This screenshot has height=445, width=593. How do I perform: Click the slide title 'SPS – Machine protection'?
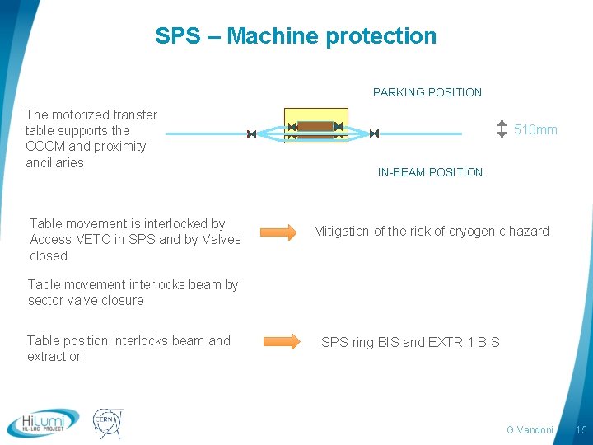296,36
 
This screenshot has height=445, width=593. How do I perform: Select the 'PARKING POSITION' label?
427,92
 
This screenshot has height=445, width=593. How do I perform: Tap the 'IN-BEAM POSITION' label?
430,172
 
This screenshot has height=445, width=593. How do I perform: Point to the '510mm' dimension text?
535,130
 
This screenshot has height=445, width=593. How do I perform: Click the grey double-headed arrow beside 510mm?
502,129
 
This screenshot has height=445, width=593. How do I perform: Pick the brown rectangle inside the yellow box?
315,127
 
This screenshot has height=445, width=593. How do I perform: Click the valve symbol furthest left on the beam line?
251,133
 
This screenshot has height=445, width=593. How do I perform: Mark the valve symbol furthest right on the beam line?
374,133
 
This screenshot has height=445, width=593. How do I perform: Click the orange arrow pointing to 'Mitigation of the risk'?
279,232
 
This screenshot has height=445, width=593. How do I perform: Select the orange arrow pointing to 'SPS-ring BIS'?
282,341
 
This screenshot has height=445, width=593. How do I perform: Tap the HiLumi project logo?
43,423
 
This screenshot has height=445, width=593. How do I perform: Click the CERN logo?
106,423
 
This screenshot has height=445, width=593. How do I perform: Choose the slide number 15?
581,430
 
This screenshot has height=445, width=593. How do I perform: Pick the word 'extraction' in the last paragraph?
55,357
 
